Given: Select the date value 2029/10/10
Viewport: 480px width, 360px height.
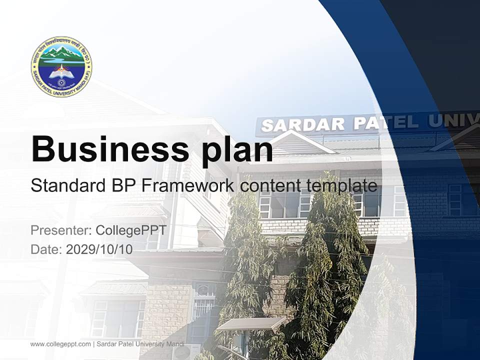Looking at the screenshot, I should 99,249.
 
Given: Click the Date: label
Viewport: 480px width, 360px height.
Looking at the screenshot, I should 46,249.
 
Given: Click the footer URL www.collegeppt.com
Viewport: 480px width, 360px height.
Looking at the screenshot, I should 60,344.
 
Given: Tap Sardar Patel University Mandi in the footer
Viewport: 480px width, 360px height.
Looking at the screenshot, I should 140,344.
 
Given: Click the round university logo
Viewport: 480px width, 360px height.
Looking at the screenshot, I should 61,66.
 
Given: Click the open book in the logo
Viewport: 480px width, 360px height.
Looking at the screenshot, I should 61,73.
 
